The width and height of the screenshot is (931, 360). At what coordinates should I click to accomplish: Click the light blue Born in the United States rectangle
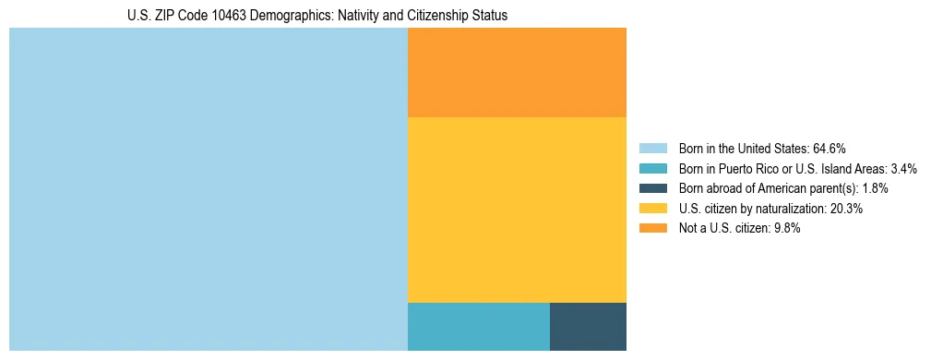(x=208, y=189)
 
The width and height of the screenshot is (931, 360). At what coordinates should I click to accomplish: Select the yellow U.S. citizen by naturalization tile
(x=517, y=210)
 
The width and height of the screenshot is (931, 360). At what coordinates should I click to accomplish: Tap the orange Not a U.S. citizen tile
(x=517, y=72)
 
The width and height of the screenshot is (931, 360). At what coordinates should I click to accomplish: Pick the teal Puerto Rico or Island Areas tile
(x=478, y=326)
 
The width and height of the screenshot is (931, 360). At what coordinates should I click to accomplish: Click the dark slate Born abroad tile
(x=588, y=326)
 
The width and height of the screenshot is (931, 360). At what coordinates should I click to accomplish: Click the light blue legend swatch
(x=652, y=148)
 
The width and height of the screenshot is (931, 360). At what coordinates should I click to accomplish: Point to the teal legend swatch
(x=652, y=168)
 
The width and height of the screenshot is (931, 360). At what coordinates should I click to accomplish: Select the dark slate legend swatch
(x=652, y=188)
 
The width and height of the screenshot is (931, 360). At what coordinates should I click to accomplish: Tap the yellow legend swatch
(x=652, y=209)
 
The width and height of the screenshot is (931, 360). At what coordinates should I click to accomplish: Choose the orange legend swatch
(x=652, y=229)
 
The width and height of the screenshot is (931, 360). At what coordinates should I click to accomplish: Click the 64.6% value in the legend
(x=830, y=148)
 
